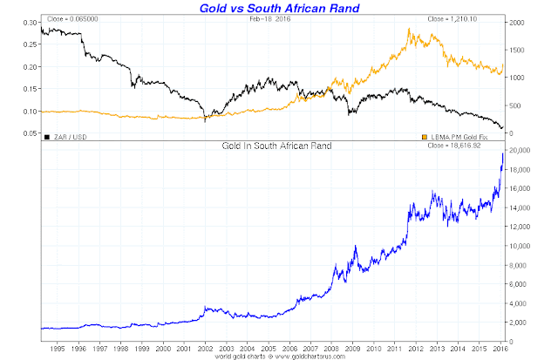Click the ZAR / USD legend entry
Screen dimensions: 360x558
tap(68, 136)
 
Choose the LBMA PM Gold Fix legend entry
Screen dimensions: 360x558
tap(462, 136)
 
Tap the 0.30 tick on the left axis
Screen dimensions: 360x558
tap(30, 23)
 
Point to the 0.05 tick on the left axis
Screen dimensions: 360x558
tap(30, 133)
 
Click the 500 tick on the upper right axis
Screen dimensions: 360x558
tap(514, 105)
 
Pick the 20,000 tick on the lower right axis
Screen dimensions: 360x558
tap(522, 151)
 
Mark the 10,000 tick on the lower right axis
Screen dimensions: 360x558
tap(522, 246)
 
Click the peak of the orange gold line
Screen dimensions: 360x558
tap(410, 30)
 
